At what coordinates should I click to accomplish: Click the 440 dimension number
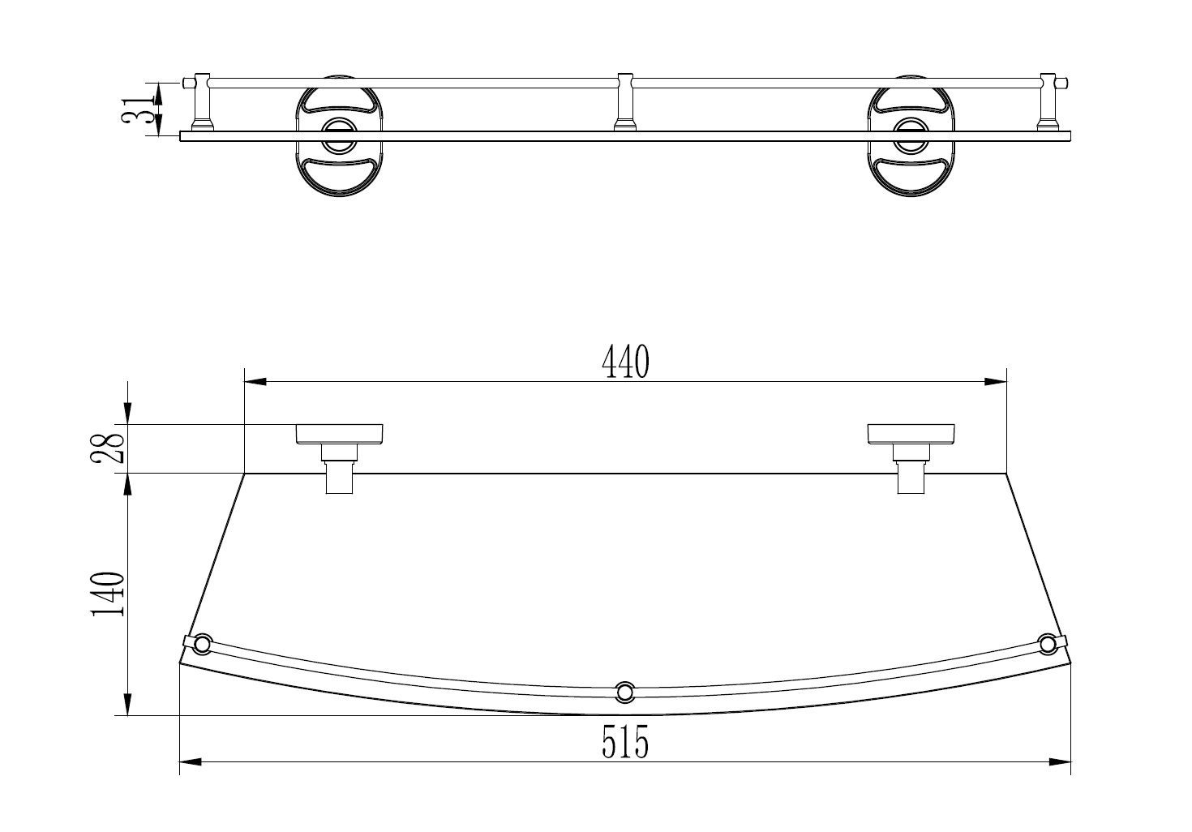[625, 362]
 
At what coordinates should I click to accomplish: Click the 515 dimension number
[625, 742]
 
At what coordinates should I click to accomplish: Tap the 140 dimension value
[109, 594]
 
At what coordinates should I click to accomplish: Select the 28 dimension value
[109, 448]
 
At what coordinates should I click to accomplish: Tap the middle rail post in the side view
[625, 101]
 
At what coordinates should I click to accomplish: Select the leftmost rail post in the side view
[202, 101]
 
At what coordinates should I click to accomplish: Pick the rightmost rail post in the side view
[1048, 101]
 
